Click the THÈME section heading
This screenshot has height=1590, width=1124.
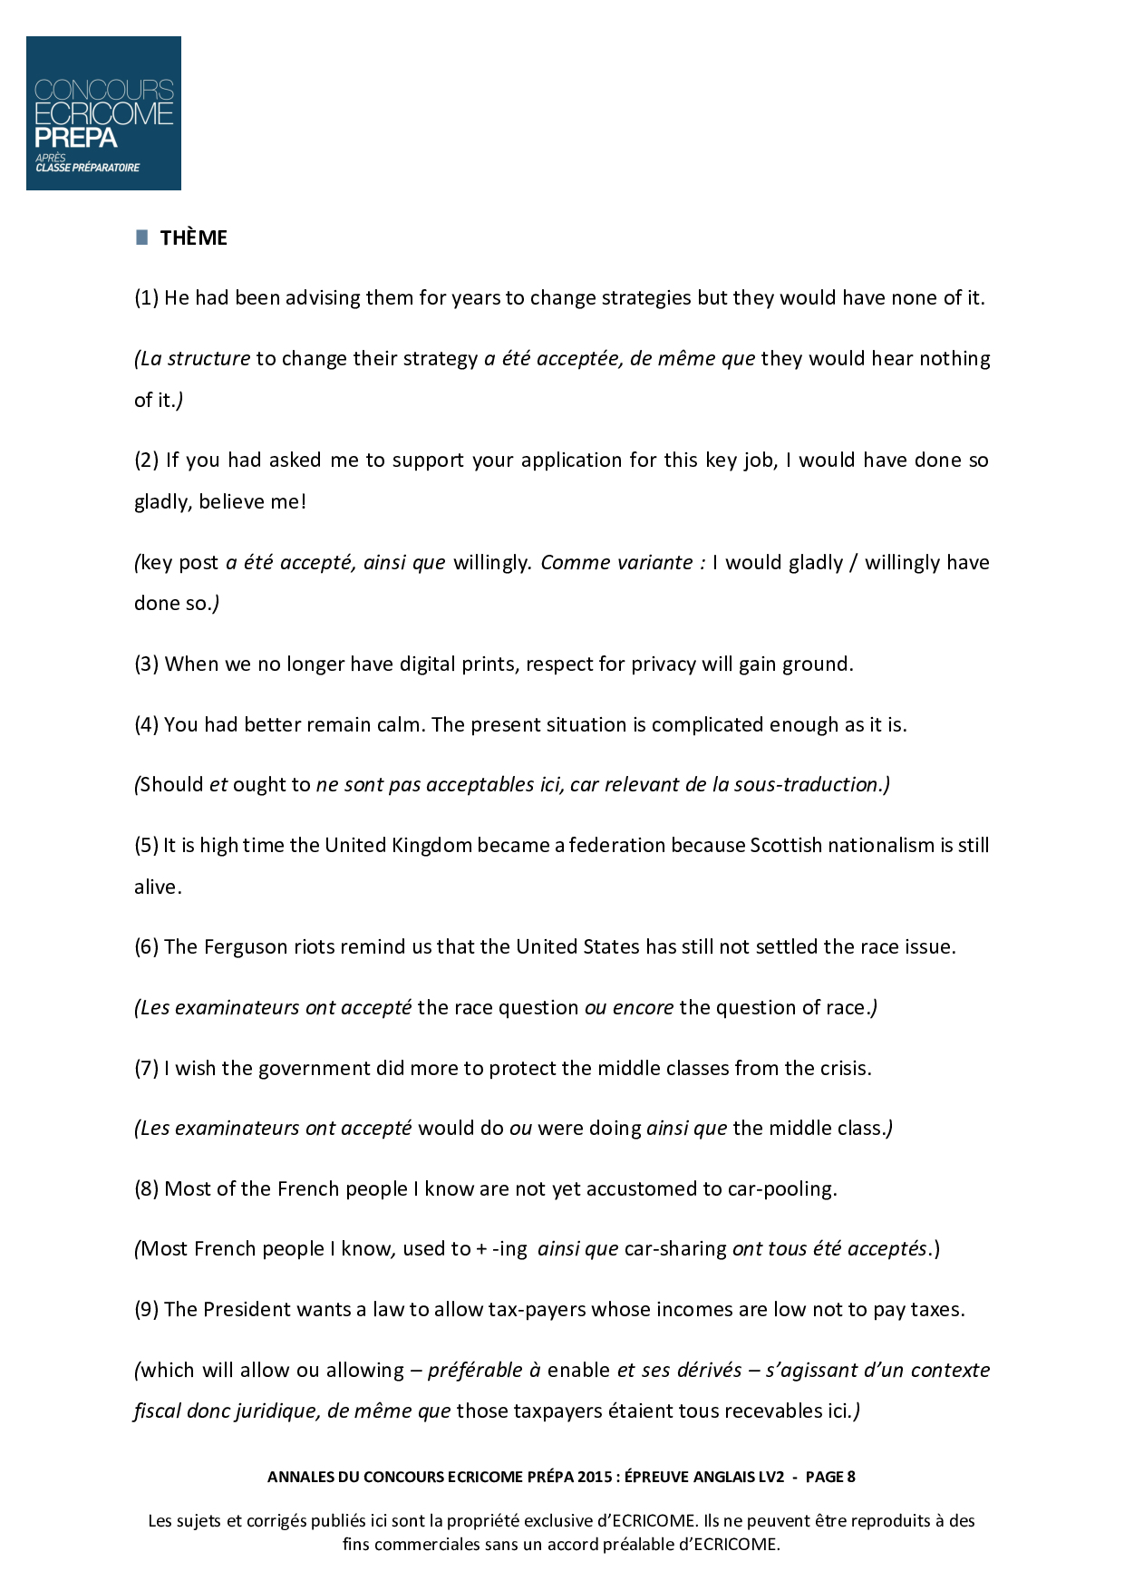tap(193, 238)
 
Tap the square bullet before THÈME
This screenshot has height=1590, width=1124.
tap(141, 238)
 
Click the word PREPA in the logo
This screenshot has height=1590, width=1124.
tap(76, 138)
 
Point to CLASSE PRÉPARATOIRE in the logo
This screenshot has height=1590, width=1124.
tap(88, 168)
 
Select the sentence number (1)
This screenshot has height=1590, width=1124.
tap(146, 298)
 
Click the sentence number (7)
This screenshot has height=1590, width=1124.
tap(146, 1069)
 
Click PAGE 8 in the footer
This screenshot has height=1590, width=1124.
tap(830, 1477)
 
